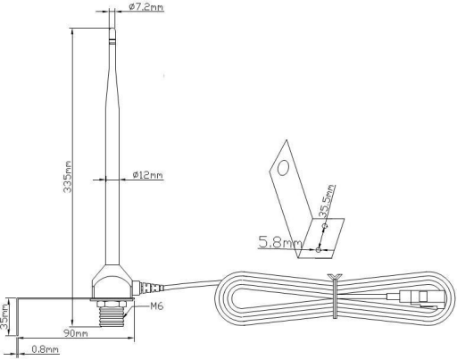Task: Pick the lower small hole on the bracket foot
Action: click(x=320, y=250)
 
